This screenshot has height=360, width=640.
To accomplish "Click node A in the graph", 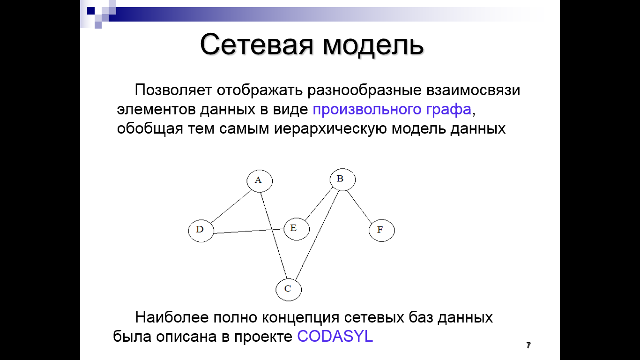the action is click(x=260, y=181).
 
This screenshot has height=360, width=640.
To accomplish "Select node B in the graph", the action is click(x=342, y=180).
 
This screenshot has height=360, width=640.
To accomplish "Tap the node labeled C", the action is click(x=289, y=290).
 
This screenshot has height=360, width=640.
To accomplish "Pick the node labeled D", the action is click(x=201, y=231).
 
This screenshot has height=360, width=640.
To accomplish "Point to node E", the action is click(x=297, y=229).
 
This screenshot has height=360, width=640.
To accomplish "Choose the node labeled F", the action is click(x=382, y=231).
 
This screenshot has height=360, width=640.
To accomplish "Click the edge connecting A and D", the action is click(x=231, y=206).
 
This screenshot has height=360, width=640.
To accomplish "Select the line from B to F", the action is click(x=359, y=207).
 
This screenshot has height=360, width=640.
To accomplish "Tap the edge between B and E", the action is click(x=319, y=204).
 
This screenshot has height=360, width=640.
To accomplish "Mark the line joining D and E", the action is click(x=249, y=231).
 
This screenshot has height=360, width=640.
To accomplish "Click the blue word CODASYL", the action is click(x=335, y=336).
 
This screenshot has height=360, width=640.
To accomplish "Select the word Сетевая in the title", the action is click(x=257, y=45).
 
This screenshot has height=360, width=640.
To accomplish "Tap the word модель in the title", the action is click(x=373, y=46).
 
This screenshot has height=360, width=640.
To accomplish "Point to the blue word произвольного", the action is click(x=367, y=110).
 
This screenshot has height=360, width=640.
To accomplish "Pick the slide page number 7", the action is click(x=528, y=345).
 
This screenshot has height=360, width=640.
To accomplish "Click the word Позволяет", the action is click(x=173, y=90).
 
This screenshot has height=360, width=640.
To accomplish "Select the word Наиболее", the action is click(x=172, y=317).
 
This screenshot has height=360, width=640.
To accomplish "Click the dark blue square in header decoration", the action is click(x=91, y=11).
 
